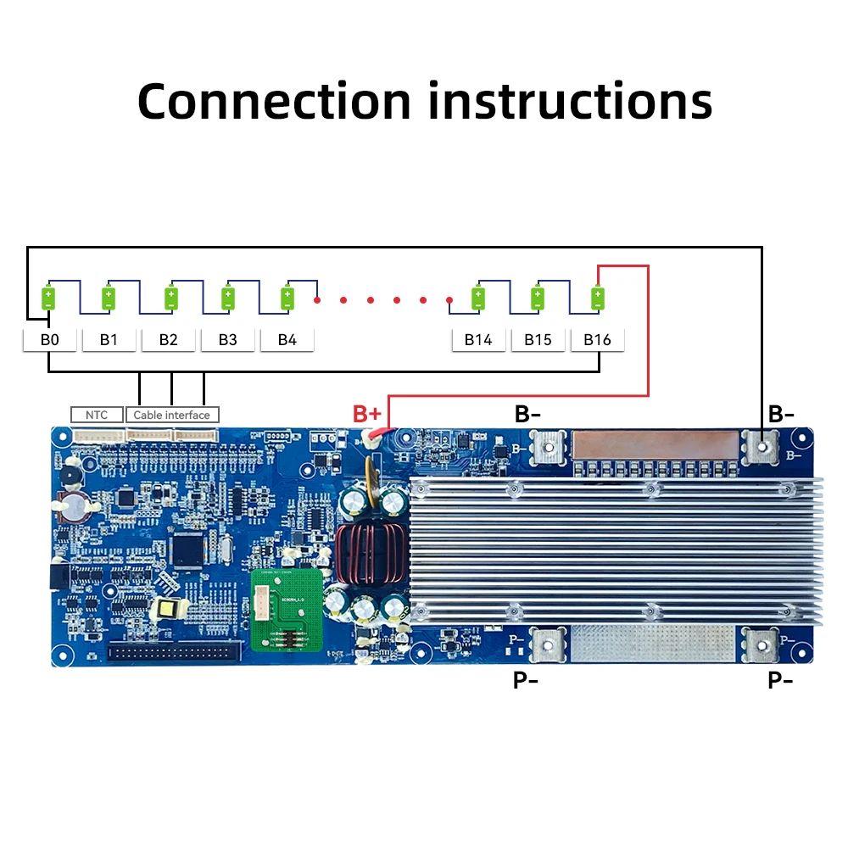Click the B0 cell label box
tap(49, 340)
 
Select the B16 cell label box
tap(597, 340)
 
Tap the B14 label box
tap(478, 340)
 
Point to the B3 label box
tap(227, 340)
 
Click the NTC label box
tap(97, 415)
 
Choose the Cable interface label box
tap(172, 415)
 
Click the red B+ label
tap(368, 415)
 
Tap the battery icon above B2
tap(170, 298)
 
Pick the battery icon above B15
tap(538, 298)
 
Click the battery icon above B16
tap(598, 298)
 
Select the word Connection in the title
tap(274, 101)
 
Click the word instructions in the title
tap(569, 101)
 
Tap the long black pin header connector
tap(170, 652)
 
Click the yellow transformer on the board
tap(164, 608)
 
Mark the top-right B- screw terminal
tap(763, 443)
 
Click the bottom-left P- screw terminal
tap(548, 644)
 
